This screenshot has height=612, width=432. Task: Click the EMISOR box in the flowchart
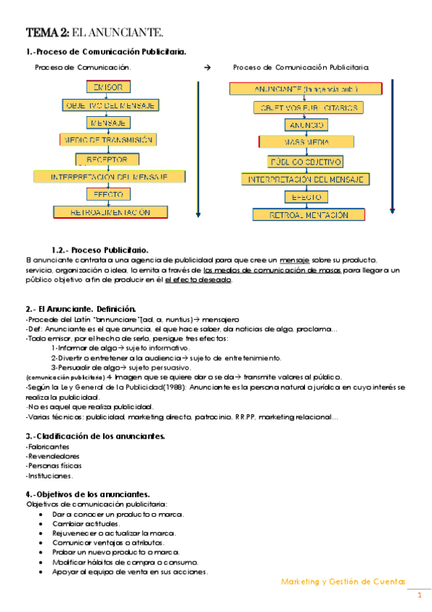coord(108,87)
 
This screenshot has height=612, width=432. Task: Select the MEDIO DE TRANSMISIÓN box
coord(106,140)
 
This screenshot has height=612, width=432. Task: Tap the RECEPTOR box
coord(107,159)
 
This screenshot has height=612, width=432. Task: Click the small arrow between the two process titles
coord(208,67)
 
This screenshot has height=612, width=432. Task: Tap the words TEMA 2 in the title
coord(48,32)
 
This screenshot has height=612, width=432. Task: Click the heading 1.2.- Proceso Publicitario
coord(100,250)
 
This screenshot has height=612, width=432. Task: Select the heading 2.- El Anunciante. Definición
coord(81,308)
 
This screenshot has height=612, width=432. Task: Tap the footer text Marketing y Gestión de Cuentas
coord(343,581)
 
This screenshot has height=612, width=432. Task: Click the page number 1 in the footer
coord(419,595)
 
